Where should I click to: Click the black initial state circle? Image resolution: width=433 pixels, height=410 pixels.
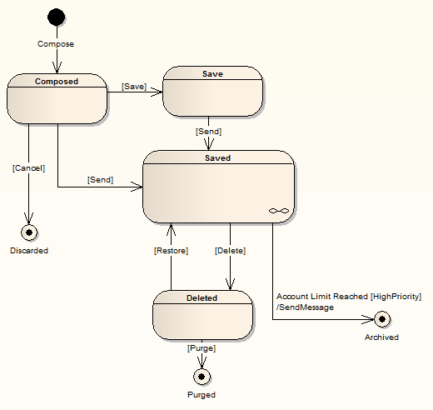coord(57,17)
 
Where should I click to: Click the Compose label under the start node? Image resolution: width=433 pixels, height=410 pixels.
coord(56,43)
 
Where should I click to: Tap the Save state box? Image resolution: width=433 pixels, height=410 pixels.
coord(212,92)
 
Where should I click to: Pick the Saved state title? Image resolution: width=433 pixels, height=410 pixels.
coord(218,157)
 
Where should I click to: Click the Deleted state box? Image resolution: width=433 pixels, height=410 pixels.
coord(202,315)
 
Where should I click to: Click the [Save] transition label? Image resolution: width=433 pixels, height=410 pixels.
coord(134,86)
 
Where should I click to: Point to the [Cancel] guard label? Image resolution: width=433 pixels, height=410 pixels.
coord(28,167)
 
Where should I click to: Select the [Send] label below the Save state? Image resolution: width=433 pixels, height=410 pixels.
coord(208,132)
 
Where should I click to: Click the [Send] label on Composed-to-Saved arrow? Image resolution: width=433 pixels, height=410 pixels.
coord(100,179)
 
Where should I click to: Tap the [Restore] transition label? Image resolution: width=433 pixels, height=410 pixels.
coord(171,250)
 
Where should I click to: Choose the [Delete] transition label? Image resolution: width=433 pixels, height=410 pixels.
coord(229,250)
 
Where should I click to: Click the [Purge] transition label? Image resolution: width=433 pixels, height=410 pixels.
coord(202,347)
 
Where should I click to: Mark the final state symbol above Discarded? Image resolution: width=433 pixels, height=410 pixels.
coord(29,232)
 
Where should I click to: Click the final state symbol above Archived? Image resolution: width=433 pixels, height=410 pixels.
coord(381,318)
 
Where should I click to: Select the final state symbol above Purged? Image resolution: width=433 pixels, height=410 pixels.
coord(201,377)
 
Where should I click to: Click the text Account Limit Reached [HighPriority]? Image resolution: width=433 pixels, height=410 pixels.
coord(348,297)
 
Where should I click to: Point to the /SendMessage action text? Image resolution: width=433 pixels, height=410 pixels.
coord(305,307)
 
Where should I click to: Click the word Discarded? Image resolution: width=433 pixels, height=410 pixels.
coord(29,250)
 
